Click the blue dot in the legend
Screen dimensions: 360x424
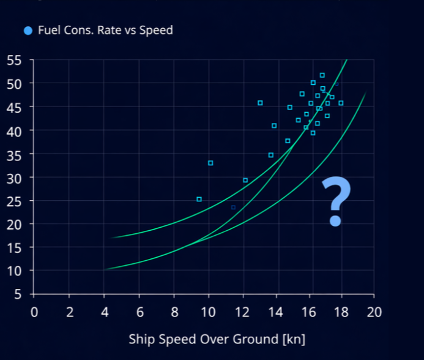(x=28, y=30)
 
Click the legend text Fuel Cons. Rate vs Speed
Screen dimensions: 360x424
(x=105, y=30)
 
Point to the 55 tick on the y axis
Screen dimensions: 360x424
(x=14, y=60)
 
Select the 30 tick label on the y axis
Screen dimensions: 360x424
(x=14, y=178)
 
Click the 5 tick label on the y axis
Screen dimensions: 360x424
(x=18, y=294)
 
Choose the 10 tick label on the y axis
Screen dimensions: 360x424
(x=14, y=271)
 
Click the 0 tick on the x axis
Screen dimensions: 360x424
(x=34, y=312)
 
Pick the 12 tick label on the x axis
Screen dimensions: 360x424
(x=244, y=312)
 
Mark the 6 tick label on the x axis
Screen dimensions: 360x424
(x=139, y=312)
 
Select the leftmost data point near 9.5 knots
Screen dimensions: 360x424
(x=199, y=199)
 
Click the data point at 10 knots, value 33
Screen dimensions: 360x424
(x=210, y=163)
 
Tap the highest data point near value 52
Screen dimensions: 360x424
(x=322, y=75)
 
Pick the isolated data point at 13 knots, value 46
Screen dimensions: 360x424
(x=260, y=103)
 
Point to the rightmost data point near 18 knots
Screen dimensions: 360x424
(x=341, y=103)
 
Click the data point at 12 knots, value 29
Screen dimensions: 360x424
(x=245, y=180)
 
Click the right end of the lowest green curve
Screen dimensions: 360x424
(x=365, y=93)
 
